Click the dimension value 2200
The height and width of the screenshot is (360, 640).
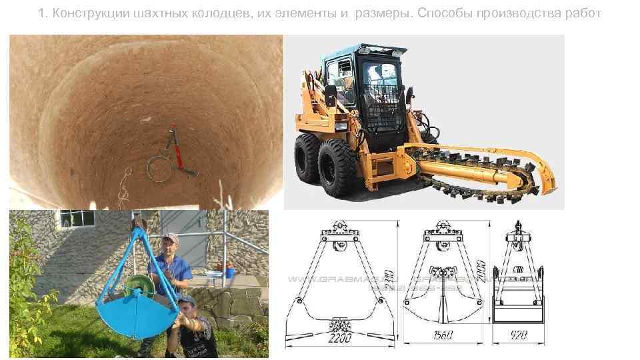click(339, 339)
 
